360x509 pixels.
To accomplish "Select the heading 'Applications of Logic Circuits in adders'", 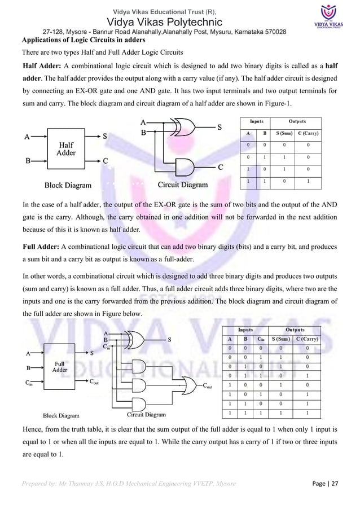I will [83, 41].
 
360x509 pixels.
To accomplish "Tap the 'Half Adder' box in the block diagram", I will [67, 148].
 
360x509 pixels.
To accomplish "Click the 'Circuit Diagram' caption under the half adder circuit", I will [182, 185].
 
